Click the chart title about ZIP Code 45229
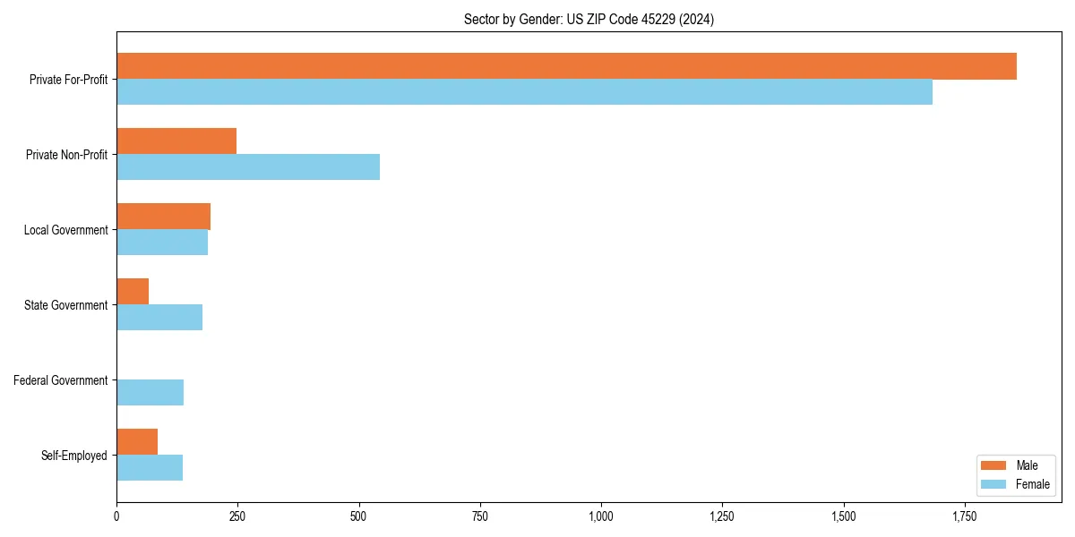tap(589, 19)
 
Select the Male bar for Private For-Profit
tap(566, 66)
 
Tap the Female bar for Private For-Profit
tap(524, 92)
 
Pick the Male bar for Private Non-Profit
tap(176, 141)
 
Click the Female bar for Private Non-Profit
tap(248, 167)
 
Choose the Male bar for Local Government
tap(163, 217)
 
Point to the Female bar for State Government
tap(159, 318)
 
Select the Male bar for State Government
tap(133, 292)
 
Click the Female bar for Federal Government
tap(150, 393)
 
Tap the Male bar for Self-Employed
tap(137, 442)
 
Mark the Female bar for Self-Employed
tap(150, 468)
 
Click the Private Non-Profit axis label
tap(66, 155)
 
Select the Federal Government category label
tap(61, 380)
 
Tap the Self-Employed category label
tap(74, 456)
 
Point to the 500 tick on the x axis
tap(358, 516)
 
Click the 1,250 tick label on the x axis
tap(722, 516)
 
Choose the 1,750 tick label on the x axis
tap(965, 516)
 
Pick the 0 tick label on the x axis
tap(116, 516)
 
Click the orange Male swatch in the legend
tap(994, 465)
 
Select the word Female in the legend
tap(1032, 484)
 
